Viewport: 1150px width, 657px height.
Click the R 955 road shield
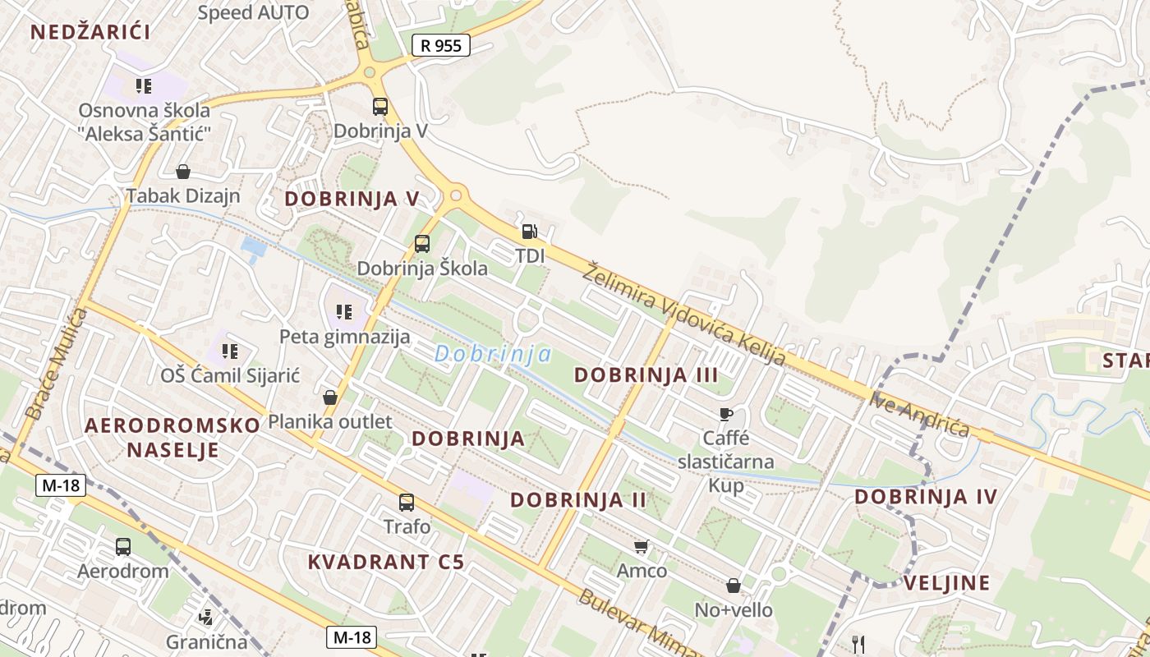(440, 45)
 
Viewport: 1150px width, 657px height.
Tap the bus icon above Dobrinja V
(379, 106)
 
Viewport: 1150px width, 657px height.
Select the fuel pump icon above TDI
(530, 232)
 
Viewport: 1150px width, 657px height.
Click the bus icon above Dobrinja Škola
(422, 243)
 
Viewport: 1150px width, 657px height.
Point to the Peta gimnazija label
(344, 336)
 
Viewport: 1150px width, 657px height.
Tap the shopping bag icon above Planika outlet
(330, 397)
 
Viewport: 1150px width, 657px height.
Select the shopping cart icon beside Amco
(642, 546)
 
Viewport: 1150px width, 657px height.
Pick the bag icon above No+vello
(733, 586)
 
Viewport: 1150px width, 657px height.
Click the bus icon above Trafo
(407, 502)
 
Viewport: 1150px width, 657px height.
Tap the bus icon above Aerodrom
(123, 546)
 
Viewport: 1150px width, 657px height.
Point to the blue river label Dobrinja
(493, 354)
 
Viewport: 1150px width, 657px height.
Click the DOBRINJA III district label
(646, 375)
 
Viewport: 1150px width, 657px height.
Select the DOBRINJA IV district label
(926, 496)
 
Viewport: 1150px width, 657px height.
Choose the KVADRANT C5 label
(385, 562)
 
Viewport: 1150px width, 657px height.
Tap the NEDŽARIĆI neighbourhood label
(90, 33)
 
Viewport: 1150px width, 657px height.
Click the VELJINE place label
(946, 583)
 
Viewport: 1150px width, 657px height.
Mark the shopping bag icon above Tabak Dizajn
(182, 172)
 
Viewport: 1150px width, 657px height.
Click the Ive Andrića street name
(920, 416)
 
